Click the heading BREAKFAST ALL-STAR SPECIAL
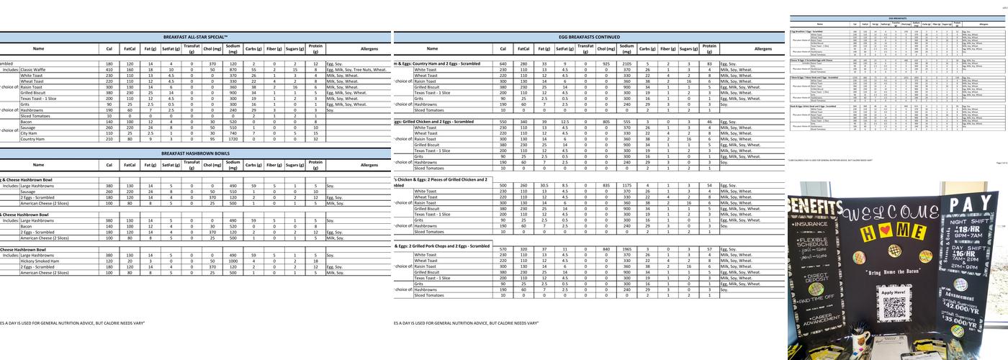pos(196,36)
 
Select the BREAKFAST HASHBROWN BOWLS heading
pos(196,153)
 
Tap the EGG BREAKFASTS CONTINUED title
pos(589,36)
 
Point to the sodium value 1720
pos(233,139)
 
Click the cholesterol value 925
pos(606,64)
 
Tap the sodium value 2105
pos(626,64)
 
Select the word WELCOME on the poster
pos(891,214)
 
